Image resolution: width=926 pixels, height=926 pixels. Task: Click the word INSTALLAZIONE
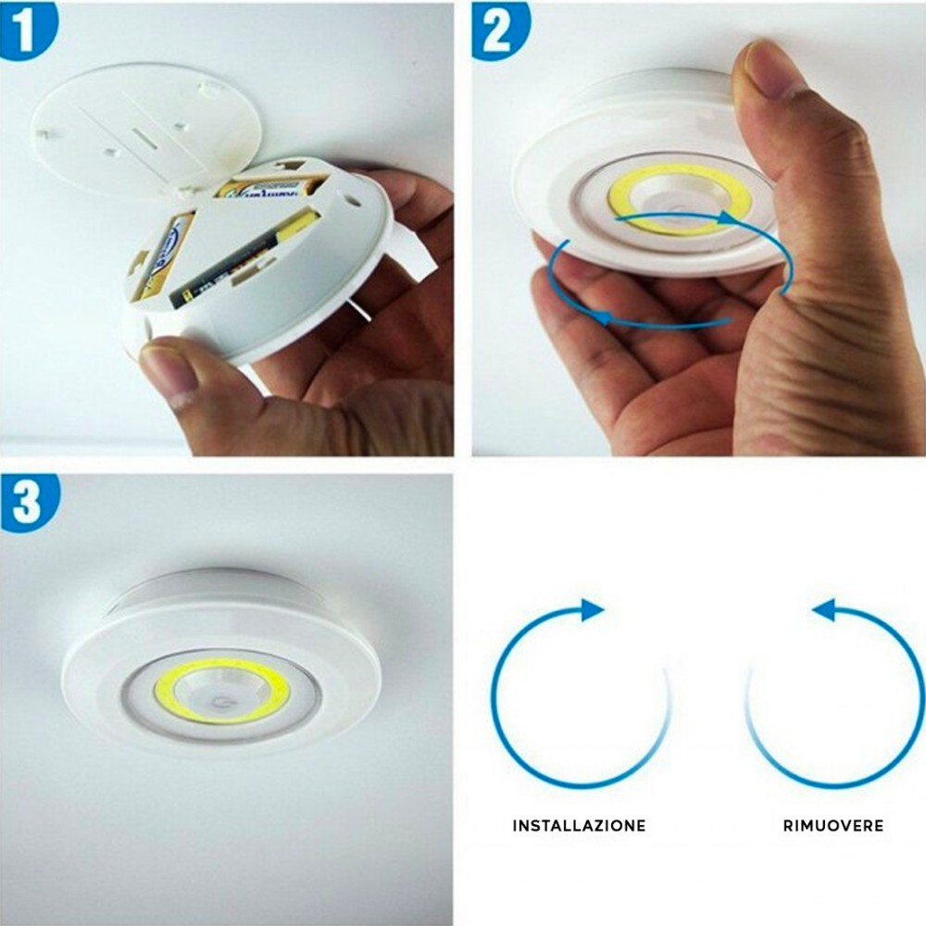pyautogui.click(x=579, y=825)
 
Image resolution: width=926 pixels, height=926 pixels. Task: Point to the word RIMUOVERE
pyautogui.click(x=831, y=825)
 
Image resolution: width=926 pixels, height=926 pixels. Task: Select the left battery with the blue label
pyautogui.click(x=162, y=255)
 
